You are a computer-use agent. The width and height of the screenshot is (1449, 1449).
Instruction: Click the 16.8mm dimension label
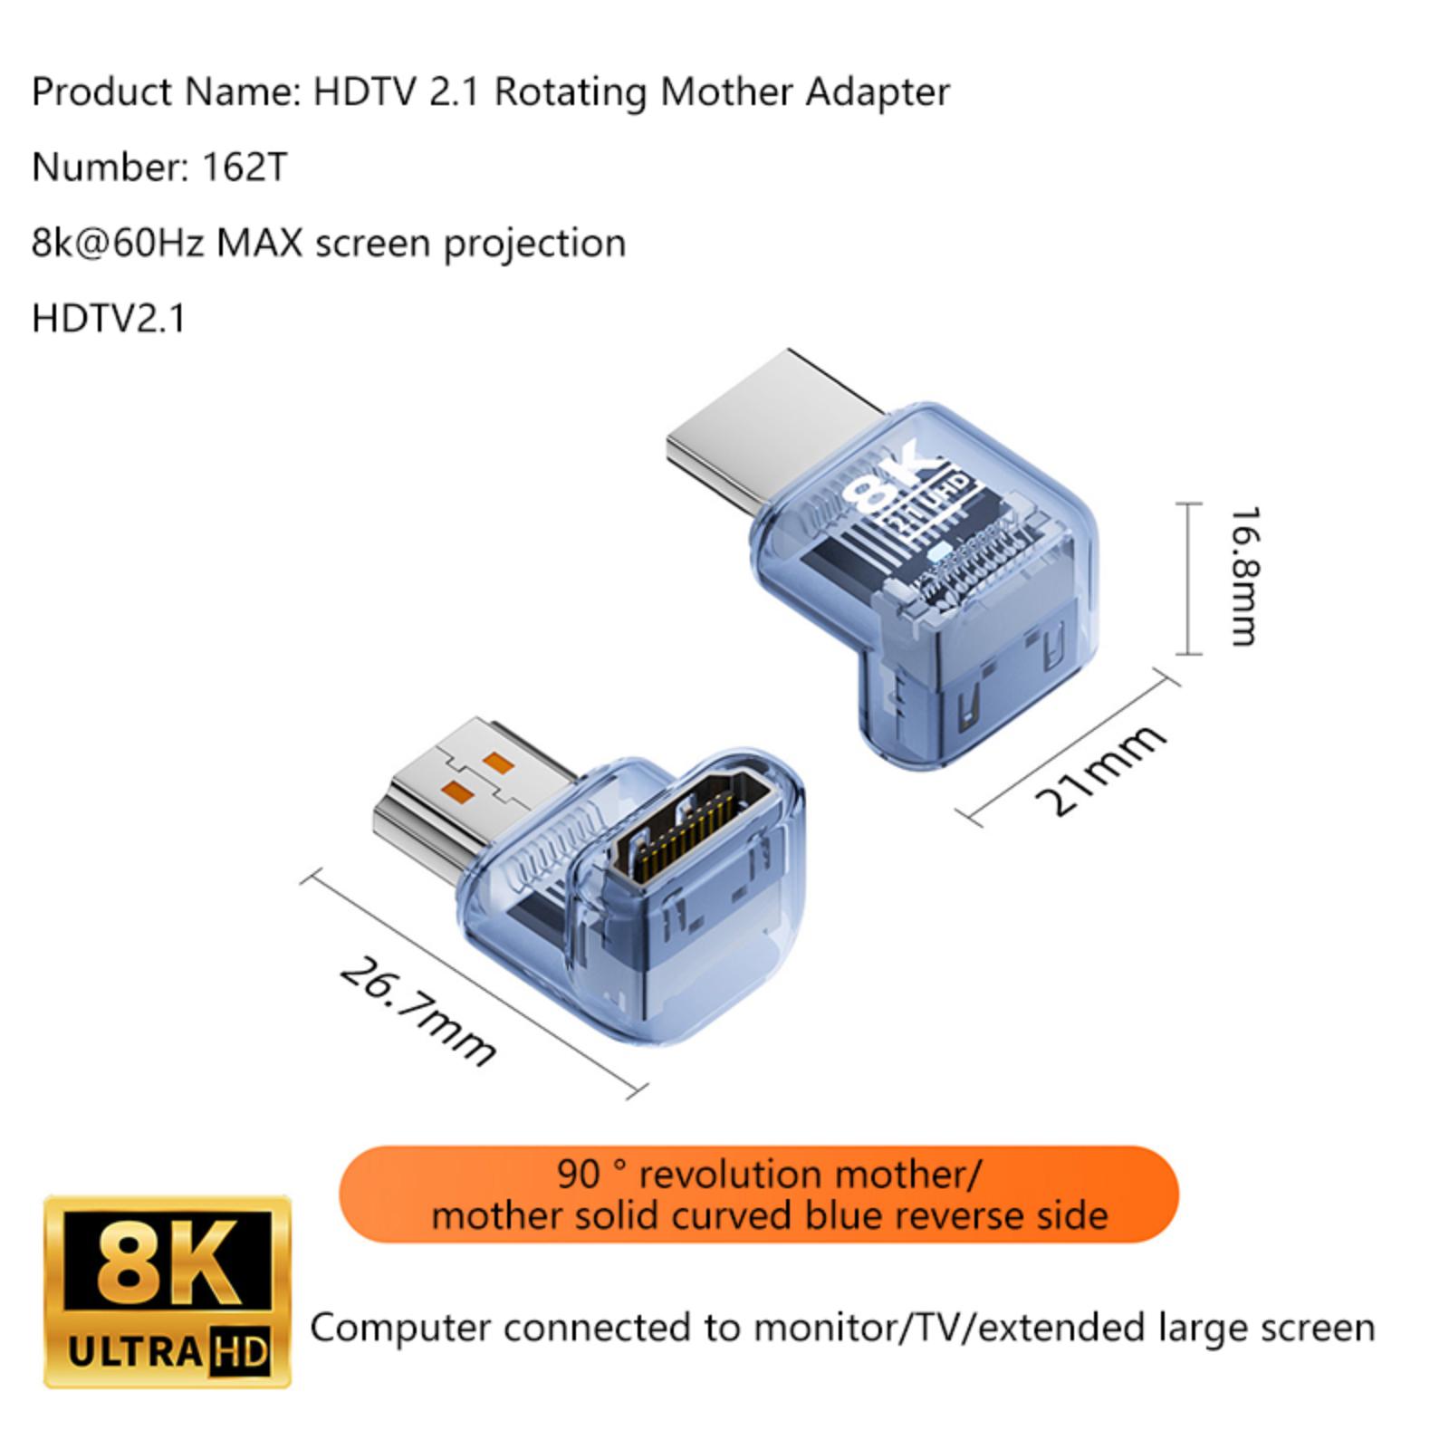point(1243,576)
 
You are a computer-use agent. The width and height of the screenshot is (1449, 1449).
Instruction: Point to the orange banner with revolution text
point(759,1195)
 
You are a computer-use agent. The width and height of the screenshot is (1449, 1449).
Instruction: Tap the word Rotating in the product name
point(570,93)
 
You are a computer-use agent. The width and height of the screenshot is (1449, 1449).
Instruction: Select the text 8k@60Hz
point(118,244)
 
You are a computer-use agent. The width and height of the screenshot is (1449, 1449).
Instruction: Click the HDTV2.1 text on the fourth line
point(109,319)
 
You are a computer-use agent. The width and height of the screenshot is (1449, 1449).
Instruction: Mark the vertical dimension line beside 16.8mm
point(1189,578)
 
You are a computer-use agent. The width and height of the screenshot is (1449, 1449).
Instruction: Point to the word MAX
point(259,244)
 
